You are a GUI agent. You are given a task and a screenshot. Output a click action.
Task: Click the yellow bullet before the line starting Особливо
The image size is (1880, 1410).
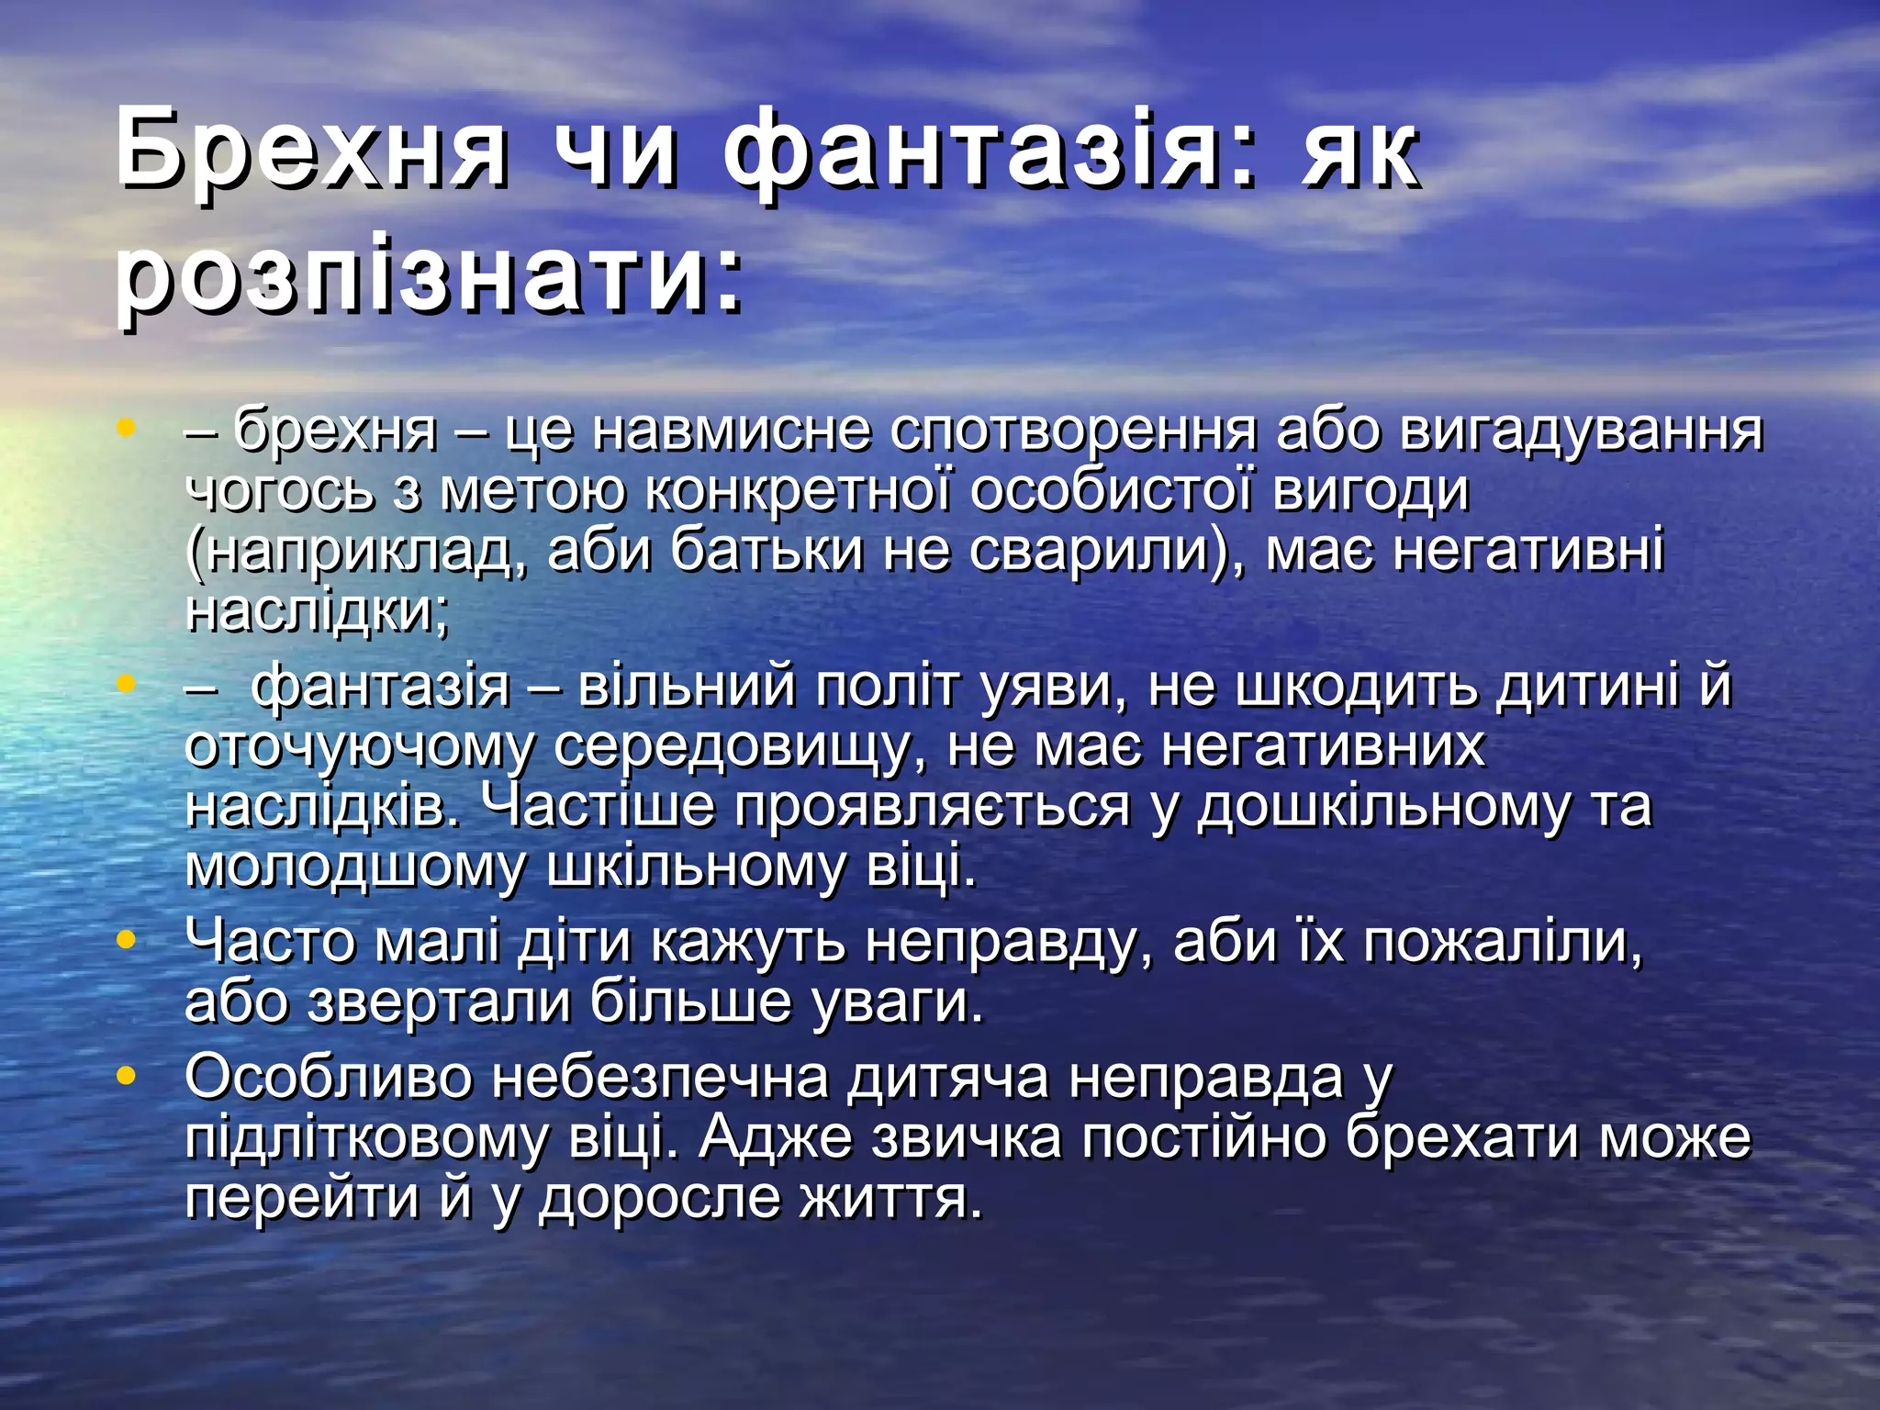click(127, 1073)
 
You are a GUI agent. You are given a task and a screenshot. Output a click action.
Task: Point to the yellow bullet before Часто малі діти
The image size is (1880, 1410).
click(127, 939)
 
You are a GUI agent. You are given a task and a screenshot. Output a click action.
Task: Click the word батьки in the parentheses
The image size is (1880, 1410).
click(767, 552)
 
